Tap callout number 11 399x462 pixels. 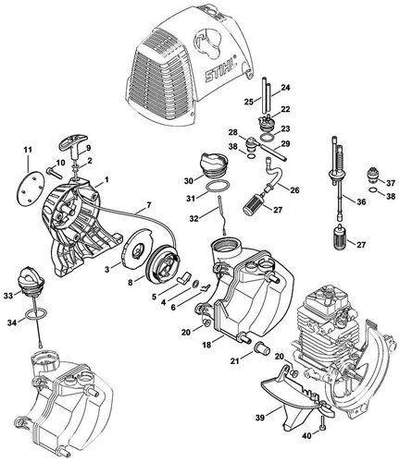(26, 149)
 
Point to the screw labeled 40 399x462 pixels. (321, 429)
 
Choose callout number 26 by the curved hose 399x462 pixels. (294, 190)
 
